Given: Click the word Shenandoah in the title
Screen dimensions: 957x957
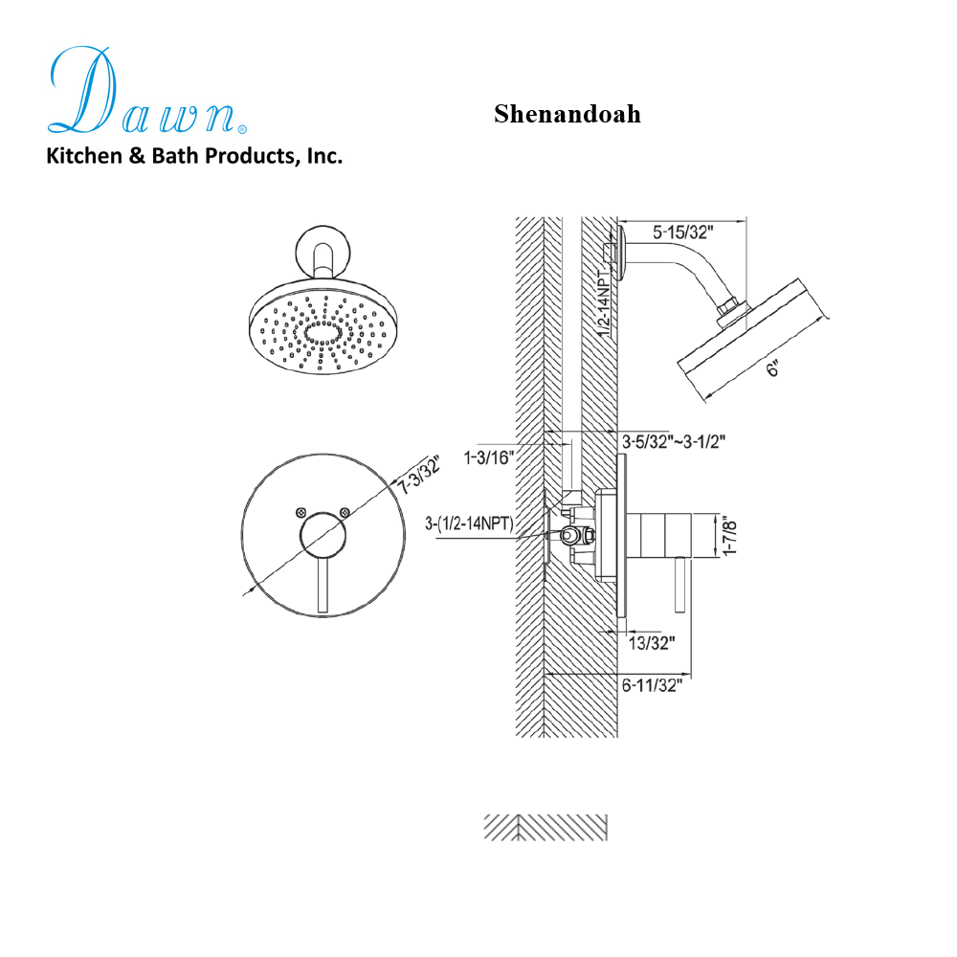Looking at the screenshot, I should [x=567, y=114].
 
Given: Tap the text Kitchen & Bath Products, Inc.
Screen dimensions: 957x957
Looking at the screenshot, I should [x=194, y=156].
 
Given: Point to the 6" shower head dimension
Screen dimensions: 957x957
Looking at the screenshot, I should [x=774, y=367].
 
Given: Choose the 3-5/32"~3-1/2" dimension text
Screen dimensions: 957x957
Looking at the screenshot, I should [x=674, y=441].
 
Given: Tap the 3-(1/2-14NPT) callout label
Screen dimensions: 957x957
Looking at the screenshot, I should [x=470, y=523].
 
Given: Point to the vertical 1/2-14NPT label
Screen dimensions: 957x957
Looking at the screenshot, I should [x=603, y=301].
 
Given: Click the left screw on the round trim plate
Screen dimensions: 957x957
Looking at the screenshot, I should [x=303, y=513].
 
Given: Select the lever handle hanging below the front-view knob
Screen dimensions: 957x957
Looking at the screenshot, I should [x=323, y=586].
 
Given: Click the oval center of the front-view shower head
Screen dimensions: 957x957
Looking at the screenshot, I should [x=323, y=334].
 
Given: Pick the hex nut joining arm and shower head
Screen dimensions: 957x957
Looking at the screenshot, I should [x=731, y=307].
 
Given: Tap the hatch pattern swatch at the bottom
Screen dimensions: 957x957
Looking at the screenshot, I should [x=545, y=828].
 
